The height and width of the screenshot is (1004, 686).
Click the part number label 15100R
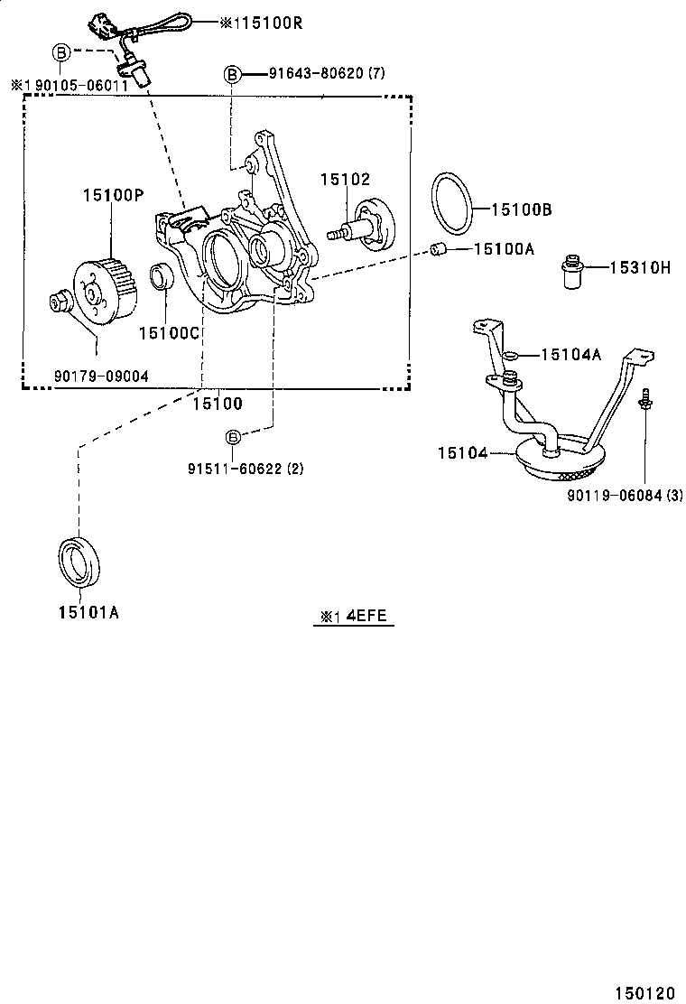263,22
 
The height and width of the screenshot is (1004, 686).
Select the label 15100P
113,194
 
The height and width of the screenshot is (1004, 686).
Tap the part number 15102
345,180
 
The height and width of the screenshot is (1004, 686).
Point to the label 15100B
521,209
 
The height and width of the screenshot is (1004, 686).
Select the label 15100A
504,248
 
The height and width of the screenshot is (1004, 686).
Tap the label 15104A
570,355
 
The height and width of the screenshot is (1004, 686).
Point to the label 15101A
88,613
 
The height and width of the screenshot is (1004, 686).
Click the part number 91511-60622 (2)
246,469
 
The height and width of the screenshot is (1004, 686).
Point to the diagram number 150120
644,992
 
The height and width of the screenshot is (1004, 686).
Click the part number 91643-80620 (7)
326,72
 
